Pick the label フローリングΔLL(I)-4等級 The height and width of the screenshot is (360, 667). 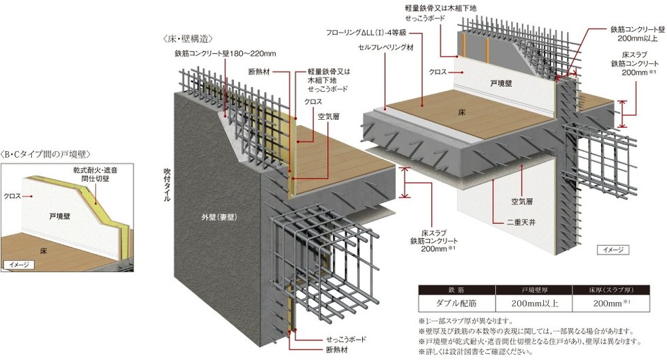click(x=365, y=32)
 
